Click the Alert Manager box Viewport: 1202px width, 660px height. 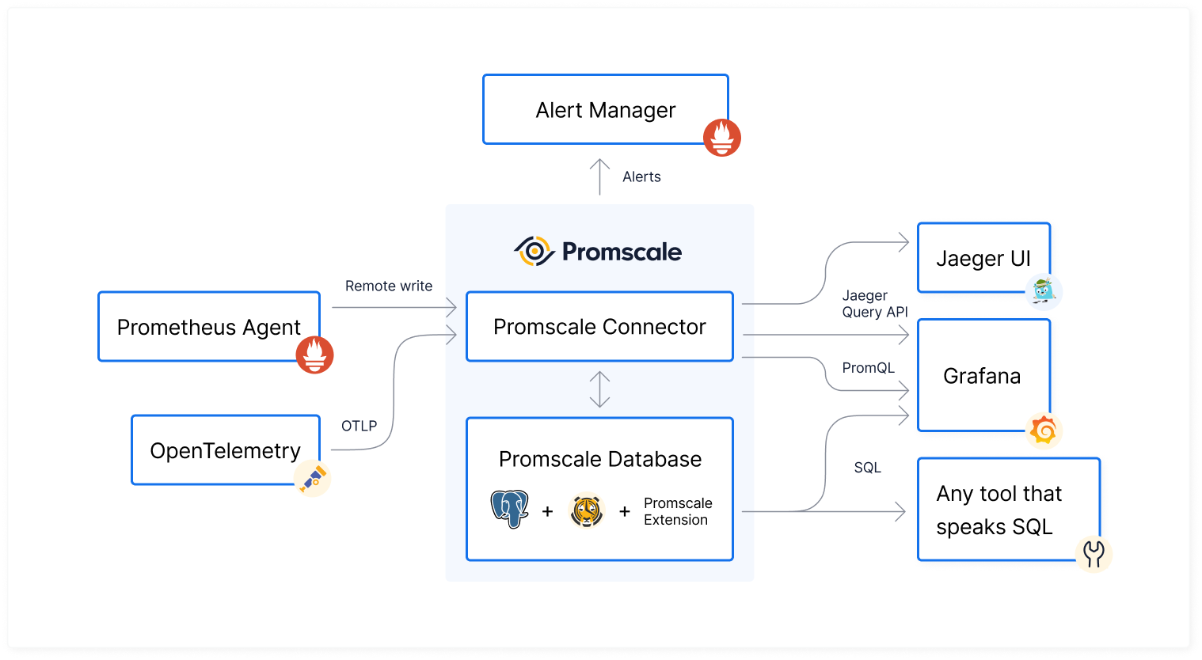(605, 110)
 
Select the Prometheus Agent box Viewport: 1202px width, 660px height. (208, 327)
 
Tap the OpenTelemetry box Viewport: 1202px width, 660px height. (225, 450)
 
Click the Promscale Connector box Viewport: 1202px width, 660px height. (599, 327)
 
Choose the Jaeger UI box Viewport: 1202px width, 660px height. (983, 258)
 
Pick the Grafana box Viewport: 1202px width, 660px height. (982, 376)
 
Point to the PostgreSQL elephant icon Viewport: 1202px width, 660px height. (509, 509)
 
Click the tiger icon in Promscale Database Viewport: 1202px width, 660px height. (586, 511)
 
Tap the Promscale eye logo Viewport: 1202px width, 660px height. (534, 252)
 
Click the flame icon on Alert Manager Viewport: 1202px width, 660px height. (722, 138)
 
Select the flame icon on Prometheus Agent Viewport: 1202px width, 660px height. (314, 355)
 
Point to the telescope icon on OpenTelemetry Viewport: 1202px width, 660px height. (313, 479)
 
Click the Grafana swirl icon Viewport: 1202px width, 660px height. (1044, 431)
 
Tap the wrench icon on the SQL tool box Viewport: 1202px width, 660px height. (1094, 554)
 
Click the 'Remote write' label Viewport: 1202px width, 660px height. (389, 286)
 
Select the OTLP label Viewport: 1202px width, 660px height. (359, 426)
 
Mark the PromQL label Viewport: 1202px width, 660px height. (868, 368)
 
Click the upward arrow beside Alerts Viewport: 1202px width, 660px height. (600, 176)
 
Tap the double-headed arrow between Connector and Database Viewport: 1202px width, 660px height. (599, 389)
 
